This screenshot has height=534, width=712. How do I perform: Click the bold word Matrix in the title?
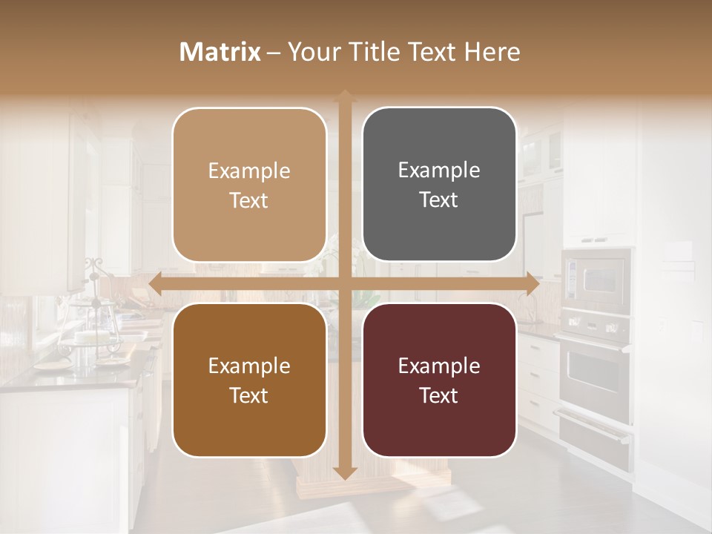click(x=220, y=52)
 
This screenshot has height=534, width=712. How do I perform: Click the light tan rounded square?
click(x=249, y=185)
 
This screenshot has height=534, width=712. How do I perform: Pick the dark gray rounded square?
click(x=439, y=185)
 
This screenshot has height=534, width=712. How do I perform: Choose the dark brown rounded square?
click(x=249, y=380)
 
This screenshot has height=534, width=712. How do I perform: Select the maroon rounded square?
click(x=439, y=380)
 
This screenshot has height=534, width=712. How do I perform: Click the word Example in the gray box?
click(x=439, y=170)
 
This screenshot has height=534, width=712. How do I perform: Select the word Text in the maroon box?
click(x=439, y=395)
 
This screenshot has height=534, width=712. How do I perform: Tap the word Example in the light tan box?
click(x=249, y=171)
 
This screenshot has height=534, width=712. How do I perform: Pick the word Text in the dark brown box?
click(x=249, y=395)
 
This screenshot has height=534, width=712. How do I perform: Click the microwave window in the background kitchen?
click(x=598, y=280)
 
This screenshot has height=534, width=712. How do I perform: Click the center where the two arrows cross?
click(x=344, y=284)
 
